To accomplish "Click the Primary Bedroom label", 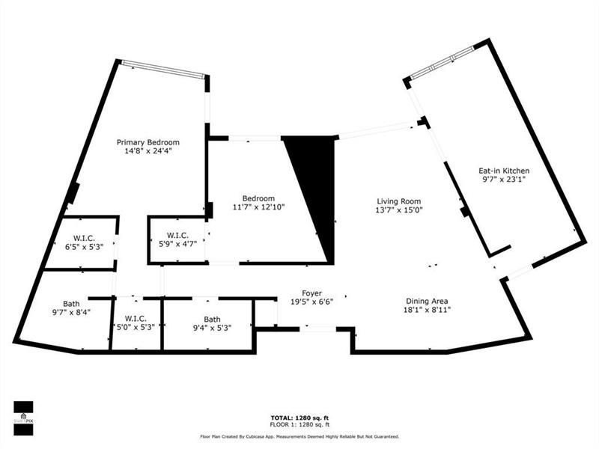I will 148,141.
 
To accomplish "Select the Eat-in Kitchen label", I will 504,171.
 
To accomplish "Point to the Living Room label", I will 398,201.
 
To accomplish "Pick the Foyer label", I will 312,293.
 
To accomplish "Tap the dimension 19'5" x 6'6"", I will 312,302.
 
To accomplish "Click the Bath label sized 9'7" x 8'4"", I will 71,303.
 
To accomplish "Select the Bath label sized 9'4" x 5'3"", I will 212,319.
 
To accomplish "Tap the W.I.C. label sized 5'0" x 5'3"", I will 136,319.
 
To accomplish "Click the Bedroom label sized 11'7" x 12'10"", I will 248,198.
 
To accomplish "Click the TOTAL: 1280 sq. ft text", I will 299,417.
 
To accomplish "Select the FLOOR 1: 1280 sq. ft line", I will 299,424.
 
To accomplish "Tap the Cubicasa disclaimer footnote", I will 299,436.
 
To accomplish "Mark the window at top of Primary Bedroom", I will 163,68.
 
